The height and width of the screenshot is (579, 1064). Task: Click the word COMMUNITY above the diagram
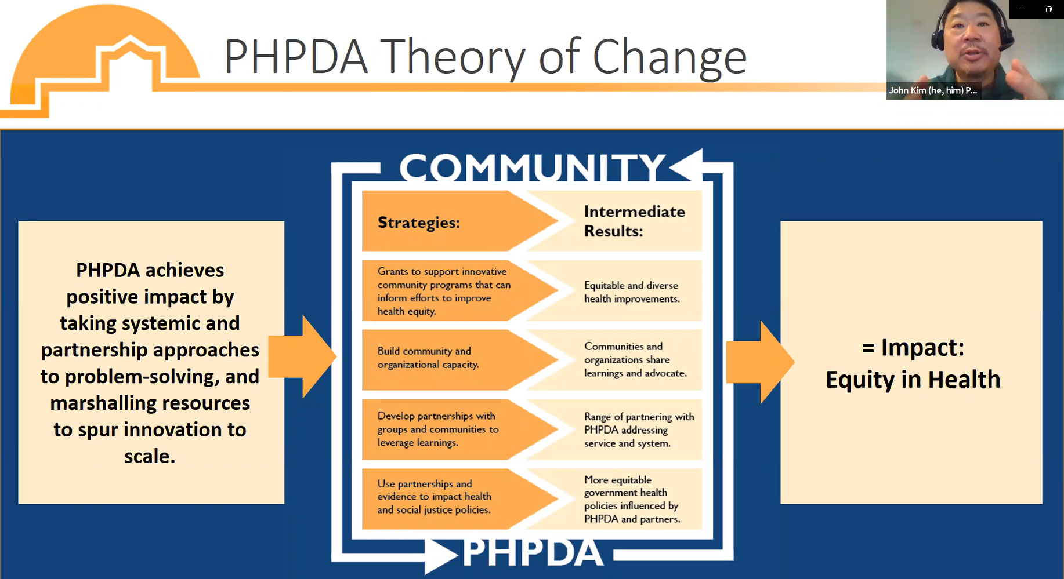point(532,168)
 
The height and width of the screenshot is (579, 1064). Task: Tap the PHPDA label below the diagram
point(533,552)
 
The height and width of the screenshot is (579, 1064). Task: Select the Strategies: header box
point(435,222)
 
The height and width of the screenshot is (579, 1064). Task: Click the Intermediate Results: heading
point(634,221)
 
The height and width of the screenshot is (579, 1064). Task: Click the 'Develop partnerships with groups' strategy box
point(437,429)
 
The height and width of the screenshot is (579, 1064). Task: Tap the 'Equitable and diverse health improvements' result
point(631,292)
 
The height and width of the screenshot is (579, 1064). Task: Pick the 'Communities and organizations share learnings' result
point(635,360)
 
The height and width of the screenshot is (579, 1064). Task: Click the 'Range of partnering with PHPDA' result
point(638,430)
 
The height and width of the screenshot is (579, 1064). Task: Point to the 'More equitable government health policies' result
point(631,500)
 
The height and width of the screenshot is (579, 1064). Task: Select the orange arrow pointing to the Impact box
point(759,362)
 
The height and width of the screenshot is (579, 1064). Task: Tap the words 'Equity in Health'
point(913,380)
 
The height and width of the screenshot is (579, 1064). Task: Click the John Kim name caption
point(933,90)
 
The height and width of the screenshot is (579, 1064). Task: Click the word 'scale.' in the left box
point(150,457)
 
